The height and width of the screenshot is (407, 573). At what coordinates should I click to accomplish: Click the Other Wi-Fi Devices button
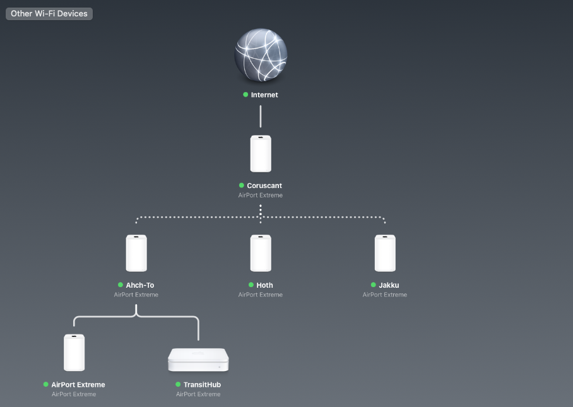49,14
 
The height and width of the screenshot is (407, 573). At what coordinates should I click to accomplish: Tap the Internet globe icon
261,54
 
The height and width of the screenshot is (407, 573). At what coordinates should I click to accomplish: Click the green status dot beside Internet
245,95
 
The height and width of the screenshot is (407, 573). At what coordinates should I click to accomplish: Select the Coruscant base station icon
261,153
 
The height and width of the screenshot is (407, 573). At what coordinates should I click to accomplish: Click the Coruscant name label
264,186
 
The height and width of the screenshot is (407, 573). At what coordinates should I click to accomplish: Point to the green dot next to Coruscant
242,186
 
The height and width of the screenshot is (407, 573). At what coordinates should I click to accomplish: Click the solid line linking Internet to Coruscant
261,117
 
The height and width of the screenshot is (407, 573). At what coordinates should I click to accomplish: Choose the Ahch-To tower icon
136,253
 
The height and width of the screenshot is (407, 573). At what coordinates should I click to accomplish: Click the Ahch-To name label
140,285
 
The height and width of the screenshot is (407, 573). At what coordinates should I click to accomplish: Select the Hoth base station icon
261,253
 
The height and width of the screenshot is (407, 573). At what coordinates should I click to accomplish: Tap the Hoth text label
265,285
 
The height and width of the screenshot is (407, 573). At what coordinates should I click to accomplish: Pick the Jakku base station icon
385,253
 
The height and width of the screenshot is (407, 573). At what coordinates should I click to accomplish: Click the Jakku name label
389,285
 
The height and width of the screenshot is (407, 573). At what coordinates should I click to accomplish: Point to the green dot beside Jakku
374,285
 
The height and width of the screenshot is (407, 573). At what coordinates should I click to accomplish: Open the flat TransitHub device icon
198,360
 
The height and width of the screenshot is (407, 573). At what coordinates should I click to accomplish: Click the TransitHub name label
203,385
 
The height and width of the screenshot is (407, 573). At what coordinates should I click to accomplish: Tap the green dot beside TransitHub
178,384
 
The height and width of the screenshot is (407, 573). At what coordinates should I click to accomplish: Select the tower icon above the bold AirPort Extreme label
74,353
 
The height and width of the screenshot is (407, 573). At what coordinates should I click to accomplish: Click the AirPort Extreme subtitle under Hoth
261,295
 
